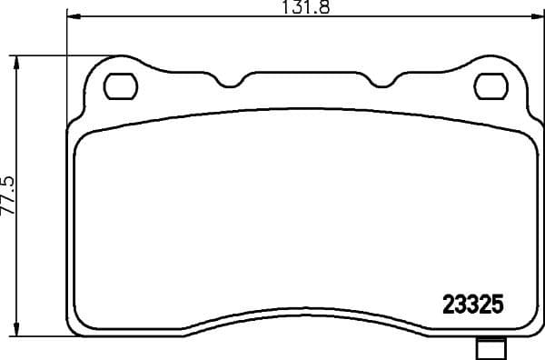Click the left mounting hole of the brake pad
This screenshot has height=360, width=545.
point(119,86)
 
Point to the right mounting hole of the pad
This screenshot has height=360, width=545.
point(491,86)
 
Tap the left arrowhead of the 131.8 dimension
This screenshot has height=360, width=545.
point(74,17)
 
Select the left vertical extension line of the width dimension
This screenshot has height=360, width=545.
point(68,55)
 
